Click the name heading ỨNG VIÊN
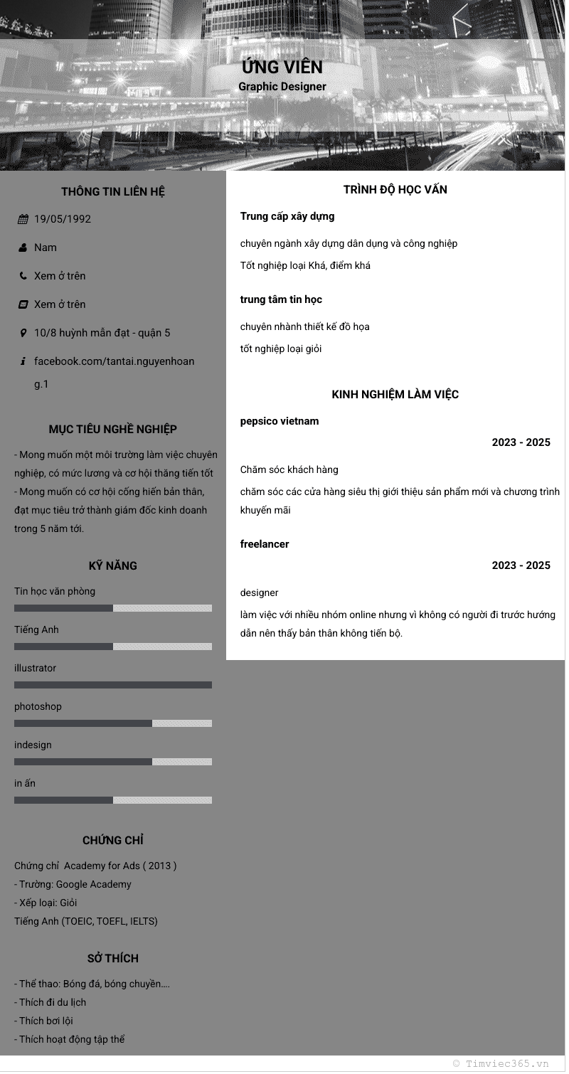(282, 68)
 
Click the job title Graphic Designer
(282, 87)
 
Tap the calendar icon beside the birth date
(23, 219)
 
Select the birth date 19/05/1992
(63, 219)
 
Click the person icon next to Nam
(23, 248)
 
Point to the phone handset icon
(23, 276)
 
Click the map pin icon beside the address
(23, 333)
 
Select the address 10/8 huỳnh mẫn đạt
(102, 333)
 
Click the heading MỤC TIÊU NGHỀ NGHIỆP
(113, 430)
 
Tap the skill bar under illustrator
(113, 685)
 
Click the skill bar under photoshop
(113, 723)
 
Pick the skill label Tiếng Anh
(36, 630)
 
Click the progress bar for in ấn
(113, 800)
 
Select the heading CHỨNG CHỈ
(113, 841)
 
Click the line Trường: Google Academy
(73, 885)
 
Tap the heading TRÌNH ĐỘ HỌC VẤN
(395, 190)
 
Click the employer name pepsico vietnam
(280, 421)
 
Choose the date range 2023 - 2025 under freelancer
(521, 565)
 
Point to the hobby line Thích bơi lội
(43, 1021)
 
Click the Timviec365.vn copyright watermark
(501, 1064)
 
